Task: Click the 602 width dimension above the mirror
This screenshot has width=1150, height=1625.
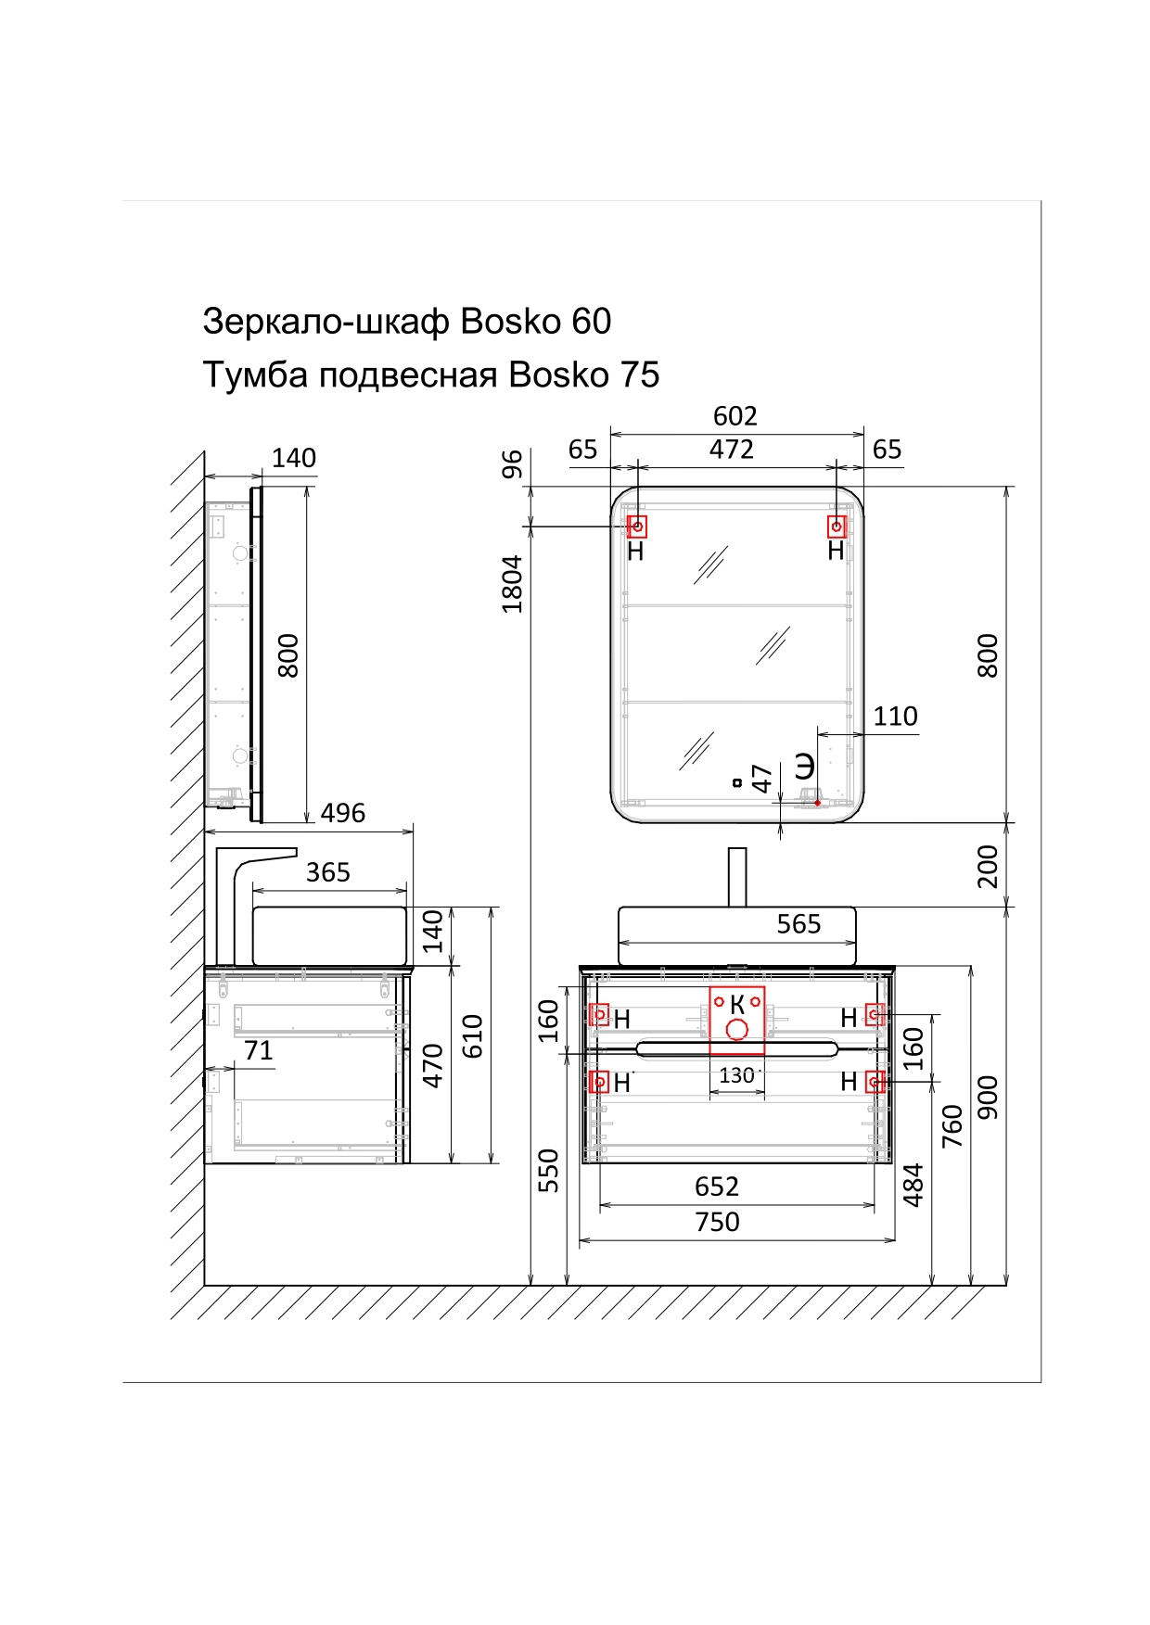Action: (735, 415)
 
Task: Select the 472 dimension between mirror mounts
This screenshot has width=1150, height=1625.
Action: (731, 450)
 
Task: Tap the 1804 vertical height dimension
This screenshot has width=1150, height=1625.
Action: (513, 583)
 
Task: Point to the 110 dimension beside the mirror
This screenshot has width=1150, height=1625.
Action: (895, 717)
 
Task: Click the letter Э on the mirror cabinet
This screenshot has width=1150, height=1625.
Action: (804, 767)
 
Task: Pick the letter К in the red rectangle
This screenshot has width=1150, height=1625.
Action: (737, 1004)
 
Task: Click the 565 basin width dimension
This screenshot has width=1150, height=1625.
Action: (799, 924)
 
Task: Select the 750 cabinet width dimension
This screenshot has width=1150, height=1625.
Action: (717, 1223)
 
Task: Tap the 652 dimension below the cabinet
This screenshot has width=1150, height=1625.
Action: (717, 1187)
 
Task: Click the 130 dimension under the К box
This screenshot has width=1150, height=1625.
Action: (736, 1076)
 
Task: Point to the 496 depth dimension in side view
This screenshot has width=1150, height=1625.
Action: (342, 814)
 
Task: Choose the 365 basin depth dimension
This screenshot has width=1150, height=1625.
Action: (328, 873)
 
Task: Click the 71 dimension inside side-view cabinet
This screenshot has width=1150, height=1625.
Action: (258, 1051)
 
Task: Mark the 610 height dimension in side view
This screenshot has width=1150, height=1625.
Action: (473, 1036)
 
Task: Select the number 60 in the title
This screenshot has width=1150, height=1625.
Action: (591, 322)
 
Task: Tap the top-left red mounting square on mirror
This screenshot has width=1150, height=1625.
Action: (637, 527)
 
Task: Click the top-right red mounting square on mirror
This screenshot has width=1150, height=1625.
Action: (837, 527)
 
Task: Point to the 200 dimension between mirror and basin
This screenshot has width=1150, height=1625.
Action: (989, 866)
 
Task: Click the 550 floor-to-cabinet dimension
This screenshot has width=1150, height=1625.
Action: (550, 1170)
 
